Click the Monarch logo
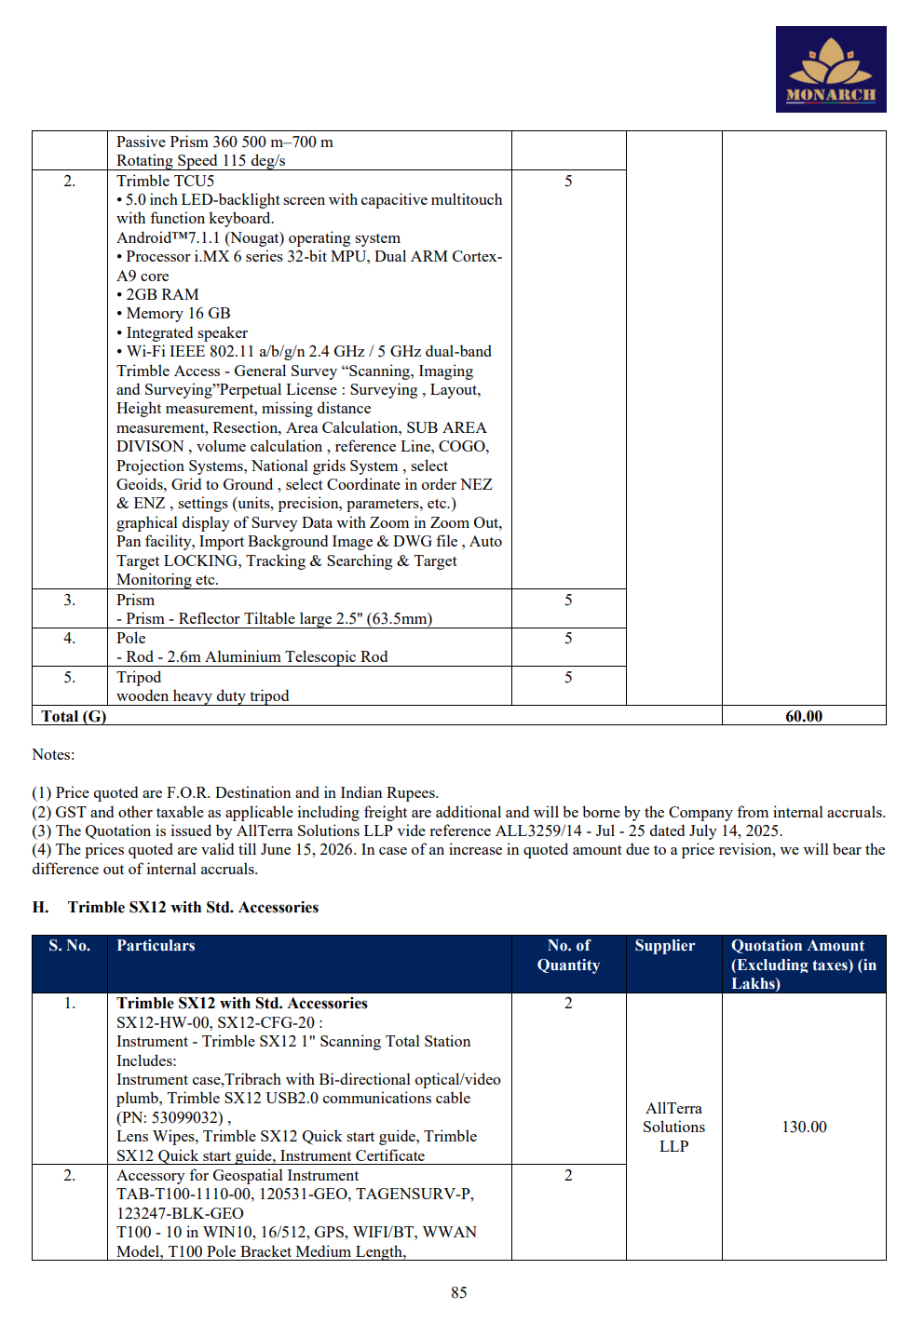(x=830, y=69)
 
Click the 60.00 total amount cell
(x=803, y=716)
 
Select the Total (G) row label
(x=74, y=716)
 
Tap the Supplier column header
(x=664, y=945)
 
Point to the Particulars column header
(x=156, y=945)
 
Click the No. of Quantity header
(x=568, y=955)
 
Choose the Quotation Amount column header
(x=803, y=964)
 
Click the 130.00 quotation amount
(x=804, y=1127)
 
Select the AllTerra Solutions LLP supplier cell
(x=673, y=1127)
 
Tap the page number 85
(x=458, y=1292)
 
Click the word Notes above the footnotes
(x=53, y=754)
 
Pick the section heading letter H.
(x=40, y=907)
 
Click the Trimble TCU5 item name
(x=165, y=181)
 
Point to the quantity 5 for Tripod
(x=568, y=677)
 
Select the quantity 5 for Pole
(x=568, y=638)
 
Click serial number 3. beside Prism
(x=69, y=600)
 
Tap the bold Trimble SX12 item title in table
(x=241, y=1003)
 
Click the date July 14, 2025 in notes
(x=734, y=831)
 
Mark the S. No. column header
(x=69, y=945)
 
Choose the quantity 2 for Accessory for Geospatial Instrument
(x=568, y=1175)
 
